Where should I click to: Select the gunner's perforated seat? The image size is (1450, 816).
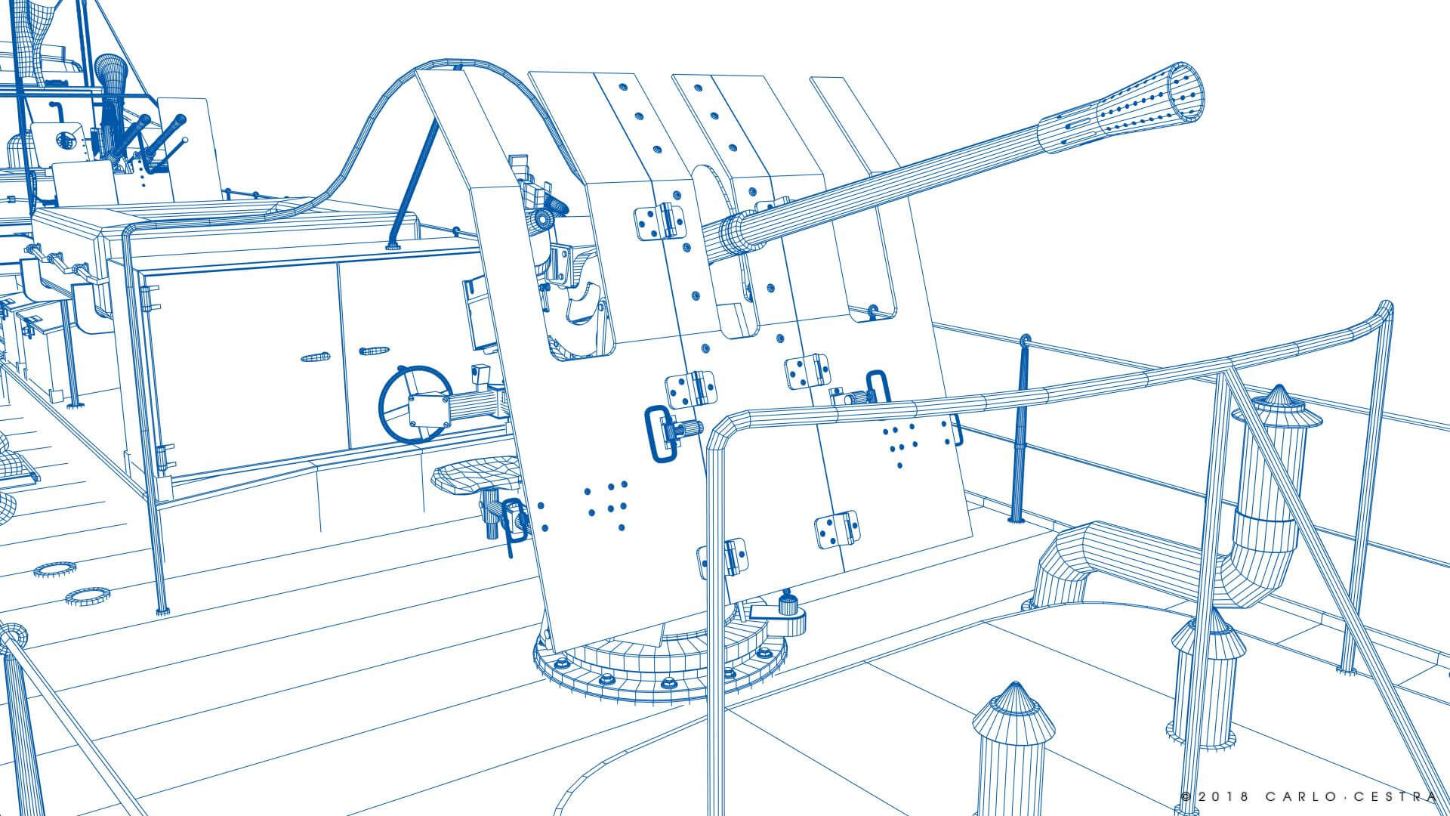coord(476,475)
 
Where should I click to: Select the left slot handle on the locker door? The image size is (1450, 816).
coord(316,357)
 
